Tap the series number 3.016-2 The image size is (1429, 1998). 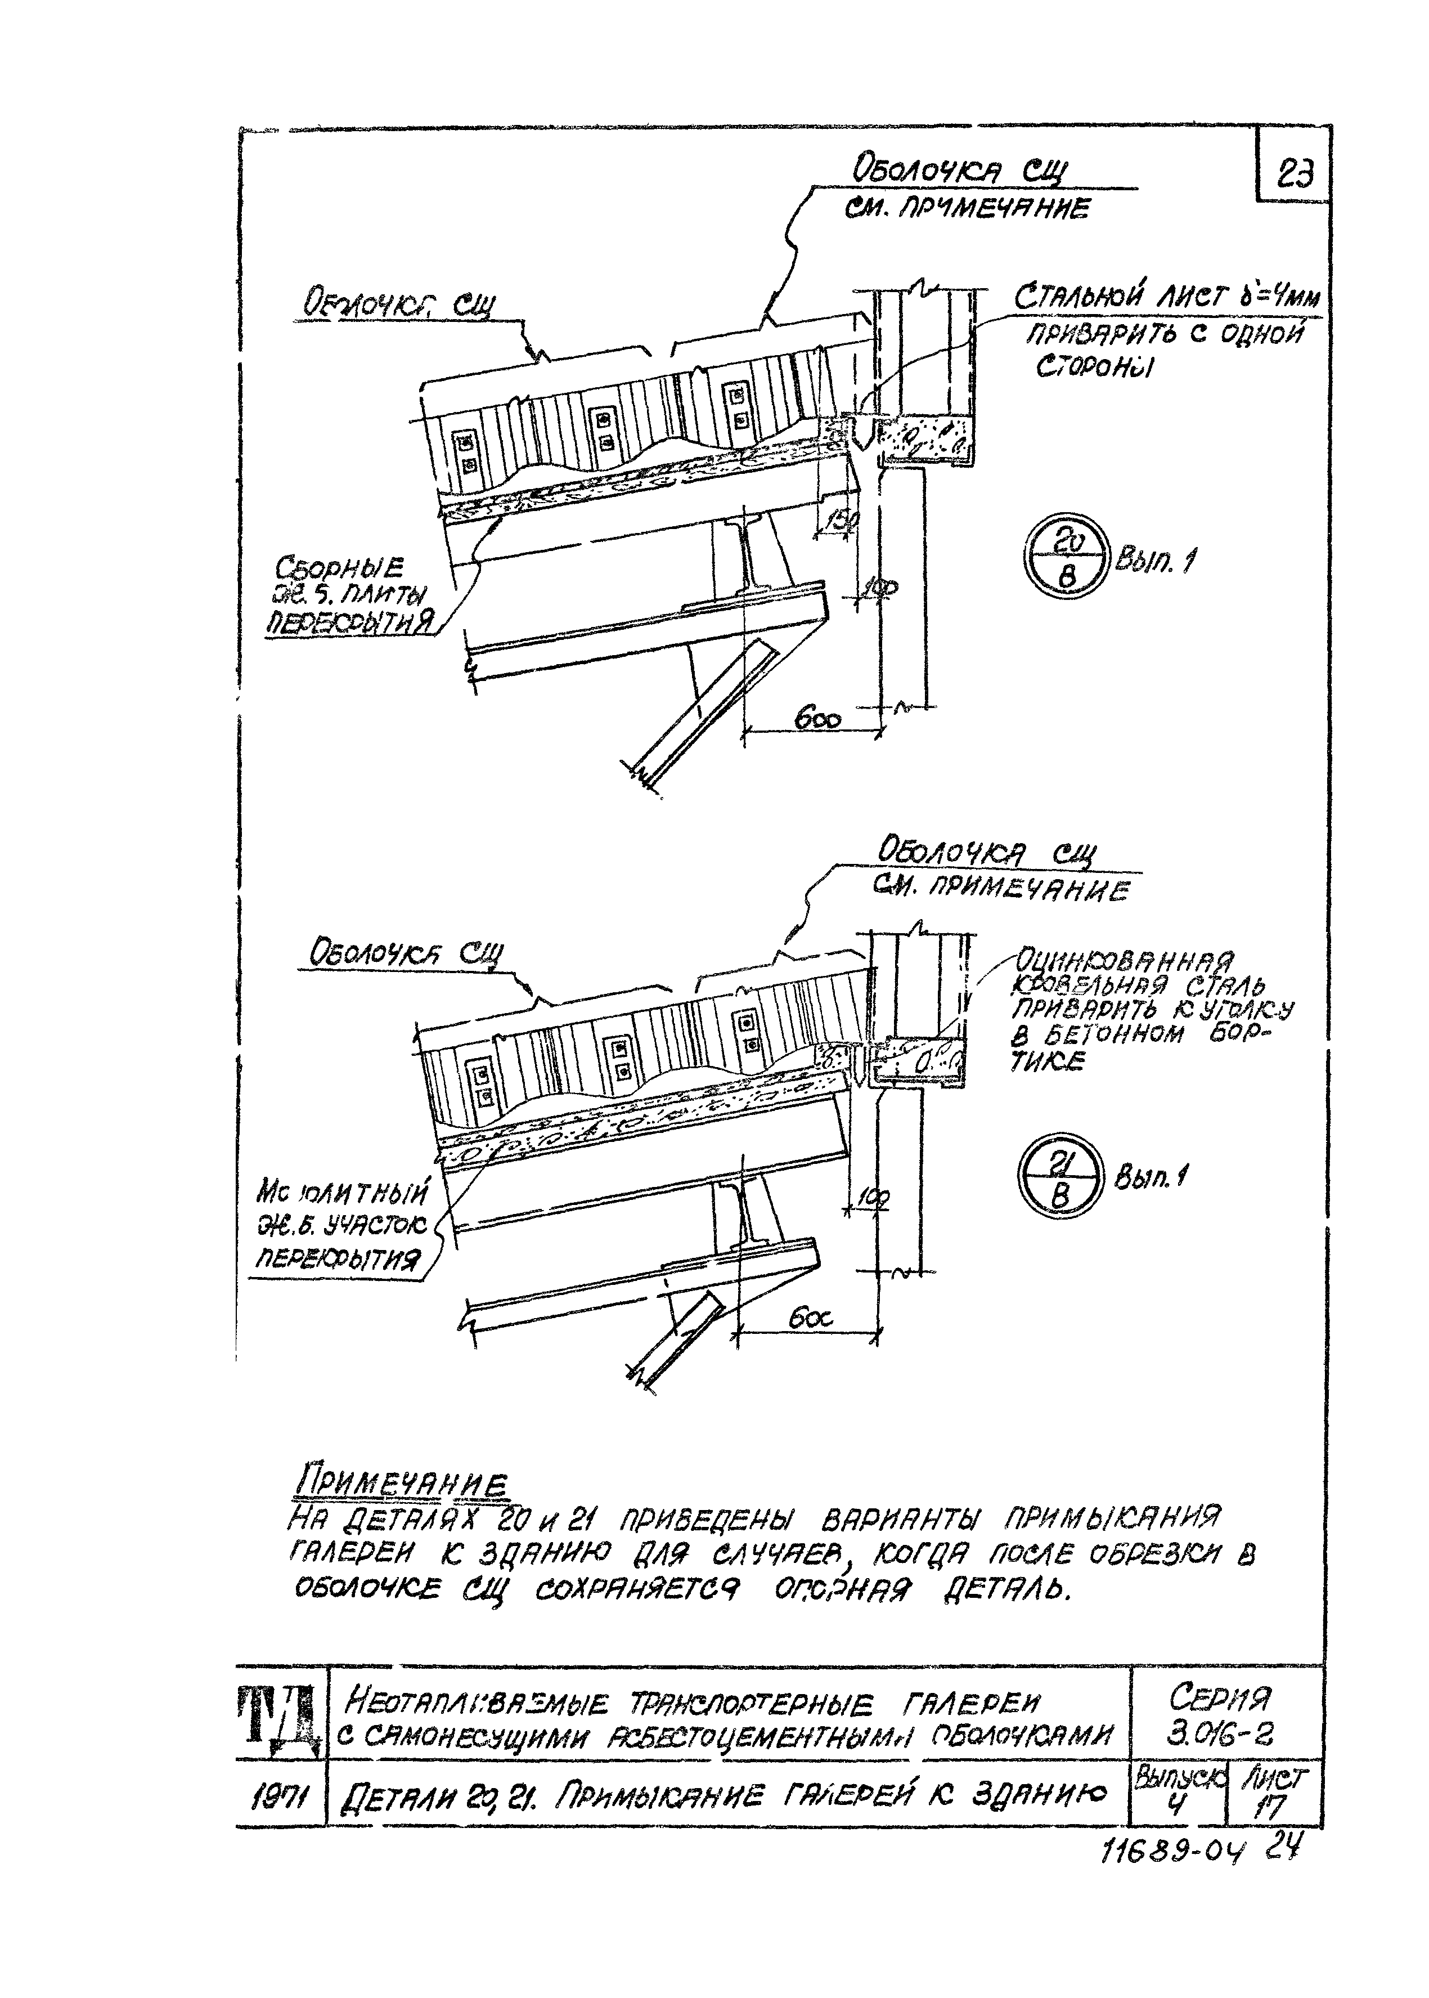coord(1223,1734)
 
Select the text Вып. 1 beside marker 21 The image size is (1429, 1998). coord(1148,1177)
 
